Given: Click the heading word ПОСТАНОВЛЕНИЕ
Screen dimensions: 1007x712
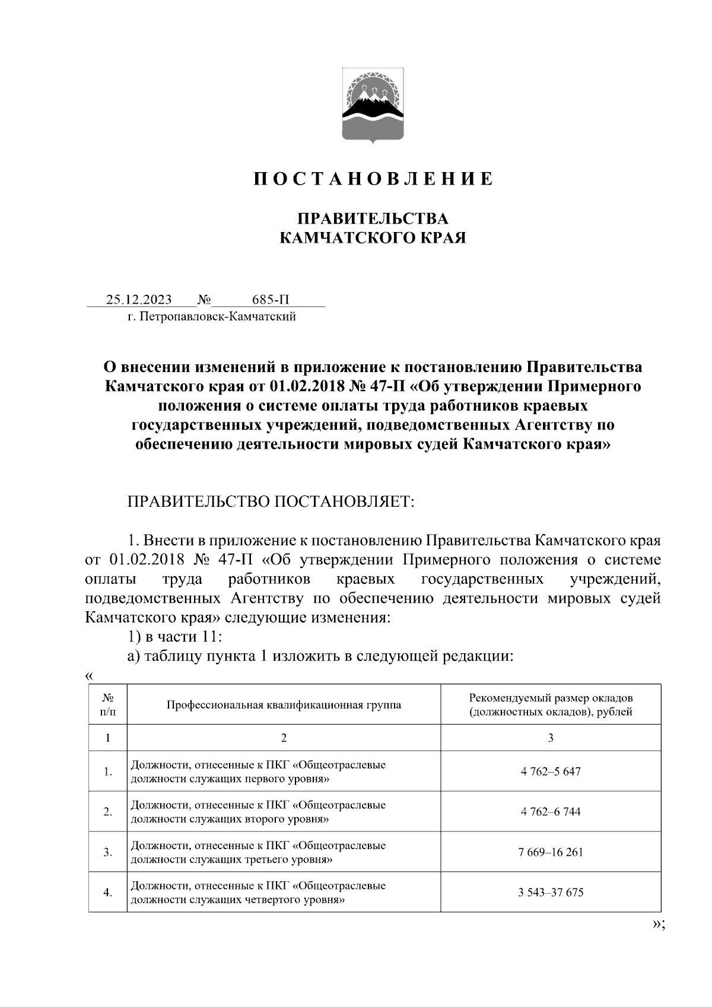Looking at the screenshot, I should click(x=373, y=179).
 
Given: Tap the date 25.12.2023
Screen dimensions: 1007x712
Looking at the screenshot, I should click(x=139, y=299).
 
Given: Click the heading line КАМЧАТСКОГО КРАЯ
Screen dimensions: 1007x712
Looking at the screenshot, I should click(x=373, y=239).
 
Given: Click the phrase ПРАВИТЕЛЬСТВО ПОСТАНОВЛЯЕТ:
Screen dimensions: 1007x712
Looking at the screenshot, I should click(x=270, y=501).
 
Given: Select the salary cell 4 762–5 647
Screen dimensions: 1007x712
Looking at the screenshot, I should click(x=550, y=771).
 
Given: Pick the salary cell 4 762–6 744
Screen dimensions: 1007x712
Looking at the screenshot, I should click(x=550, y=811).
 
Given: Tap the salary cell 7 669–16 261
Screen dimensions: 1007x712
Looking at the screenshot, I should click(x=550, y=852).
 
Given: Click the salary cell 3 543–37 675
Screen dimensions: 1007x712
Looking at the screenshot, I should click(x=550, y=892).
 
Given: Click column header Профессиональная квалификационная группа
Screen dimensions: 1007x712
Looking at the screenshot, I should click(x=284, y=705).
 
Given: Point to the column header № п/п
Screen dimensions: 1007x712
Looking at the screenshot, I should click(x=107, y=705).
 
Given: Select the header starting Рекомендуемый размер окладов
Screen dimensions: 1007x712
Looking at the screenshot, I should click(x=550, y=704).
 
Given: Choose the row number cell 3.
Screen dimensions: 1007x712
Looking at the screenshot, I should click(x=107, y=852).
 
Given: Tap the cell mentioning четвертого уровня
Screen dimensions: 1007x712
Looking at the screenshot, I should click(x=258, y=892).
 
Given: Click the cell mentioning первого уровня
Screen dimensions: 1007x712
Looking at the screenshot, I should click(x=258, y=771).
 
